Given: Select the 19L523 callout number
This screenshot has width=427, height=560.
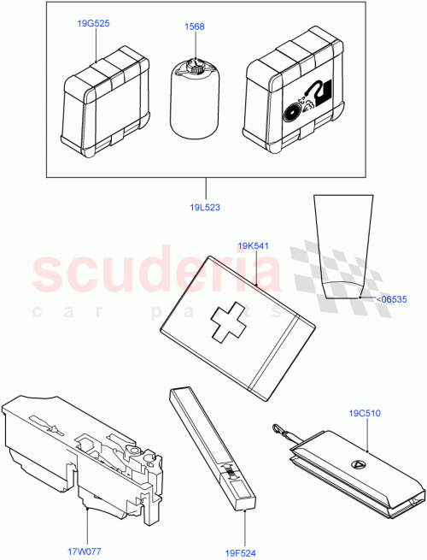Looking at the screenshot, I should (x=205, y=207).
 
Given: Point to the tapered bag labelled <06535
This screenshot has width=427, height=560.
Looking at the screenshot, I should (x=347, y=248).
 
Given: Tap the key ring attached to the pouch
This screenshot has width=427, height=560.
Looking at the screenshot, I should (x=279, y=426).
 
